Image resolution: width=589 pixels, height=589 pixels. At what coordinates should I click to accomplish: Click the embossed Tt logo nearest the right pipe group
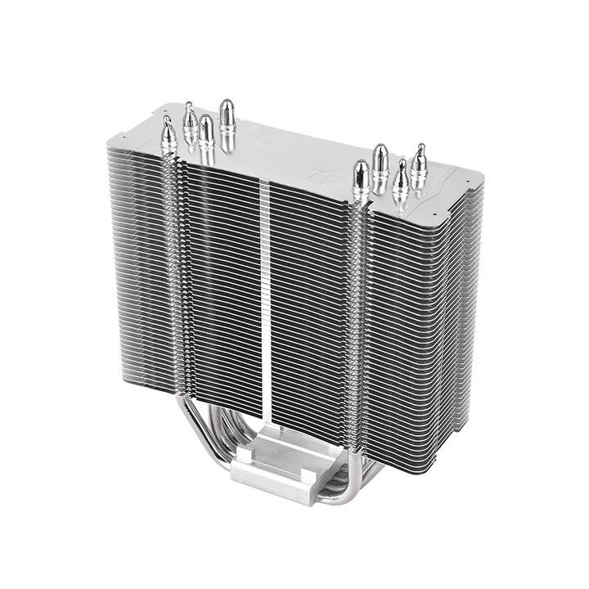point(314,174)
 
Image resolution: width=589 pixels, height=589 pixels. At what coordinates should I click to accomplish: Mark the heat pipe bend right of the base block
point(360,483)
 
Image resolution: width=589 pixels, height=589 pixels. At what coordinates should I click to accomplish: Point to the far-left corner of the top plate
point(109,142)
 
